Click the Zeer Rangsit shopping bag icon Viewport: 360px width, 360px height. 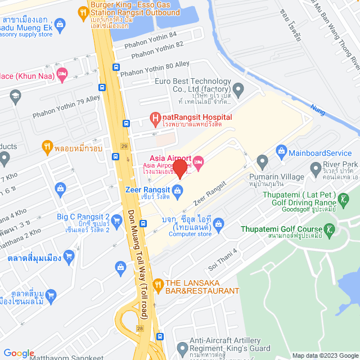point(177,191)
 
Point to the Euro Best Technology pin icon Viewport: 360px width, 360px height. point(238,89)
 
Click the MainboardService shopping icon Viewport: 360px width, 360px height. point(281,152)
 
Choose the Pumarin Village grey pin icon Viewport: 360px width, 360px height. point(262,162)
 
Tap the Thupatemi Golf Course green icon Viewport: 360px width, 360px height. point(330,229)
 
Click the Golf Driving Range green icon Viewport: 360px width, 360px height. point(343,199)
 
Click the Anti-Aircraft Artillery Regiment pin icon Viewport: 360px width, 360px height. point(181,348)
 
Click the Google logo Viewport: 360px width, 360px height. point(19,353)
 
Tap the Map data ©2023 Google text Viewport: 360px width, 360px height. point(325,355)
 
